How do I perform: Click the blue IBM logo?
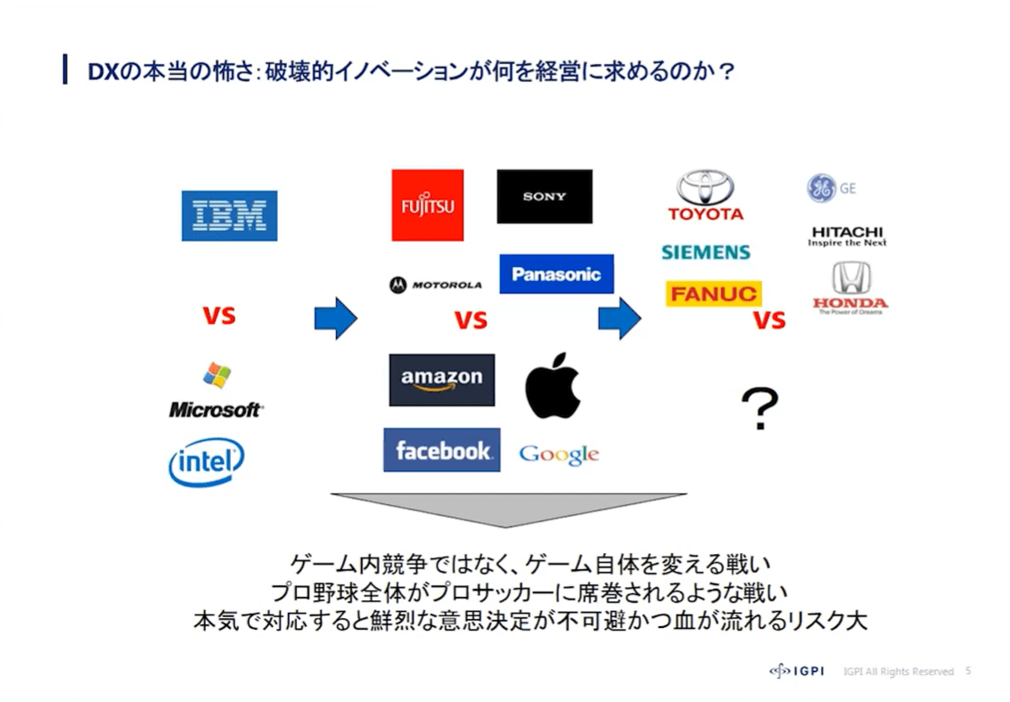(x=229, y=215)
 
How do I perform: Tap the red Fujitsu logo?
(x=427, y=205)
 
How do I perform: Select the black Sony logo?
(x=544, y=196)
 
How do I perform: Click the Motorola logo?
(x=435, y=285)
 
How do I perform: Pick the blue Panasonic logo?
(x=556, y=274)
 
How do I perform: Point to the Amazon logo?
(x=441, y=379)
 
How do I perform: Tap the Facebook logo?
(x=441, y=450)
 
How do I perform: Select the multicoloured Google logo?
(x=559, y=454)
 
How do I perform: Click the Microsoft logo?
(x=216, y=392)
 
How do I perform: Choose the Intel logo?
(x=206, y=462)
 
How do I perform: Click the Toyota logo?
(x=705, y=195)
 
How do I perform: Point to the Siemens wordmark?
(x=705, y=252)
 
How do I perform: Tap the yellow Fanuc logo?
(x=713, y=293)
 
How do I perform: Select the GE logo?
(x=830, y=188)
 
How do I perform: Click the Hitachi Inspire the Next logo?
(x=847, y=235)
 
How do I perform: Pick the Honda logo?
(x=850, y=288)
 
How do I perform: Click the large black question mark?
(x=760, y=409)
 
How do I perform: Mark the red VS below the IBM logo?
(x=218, y=316)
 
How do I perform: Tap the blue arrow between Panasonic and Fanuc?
(x=620, y=318)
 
